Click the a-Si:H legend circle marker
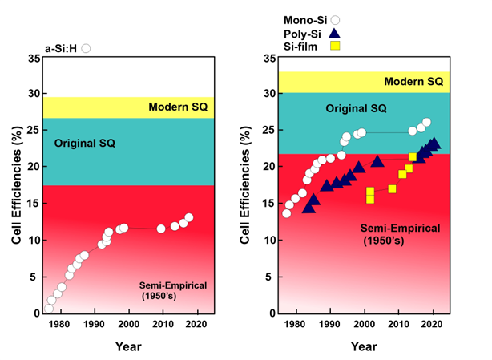tap(87, 48)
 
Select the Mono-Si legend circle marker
tap(335, 18)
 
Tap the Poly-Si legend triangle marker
tap(335, 32)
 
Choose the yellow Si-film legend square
tap(335, 47)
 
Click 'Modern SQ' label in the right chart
tap(413, 82)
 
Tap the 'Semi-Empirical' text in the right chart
tap(401, 229)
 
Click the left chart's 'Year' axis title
tap(127, 346)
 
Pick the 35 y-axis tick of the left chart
tap(32, 59)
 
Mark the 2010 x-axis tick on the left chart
tap(162, 324)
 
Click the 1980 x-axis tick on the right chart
tap(295, 324)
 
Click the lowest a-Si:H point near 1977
tap(49, 309)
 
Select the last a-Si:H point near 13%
tap(189, 217)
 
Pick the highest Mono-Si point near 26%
tap(426, 123)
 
